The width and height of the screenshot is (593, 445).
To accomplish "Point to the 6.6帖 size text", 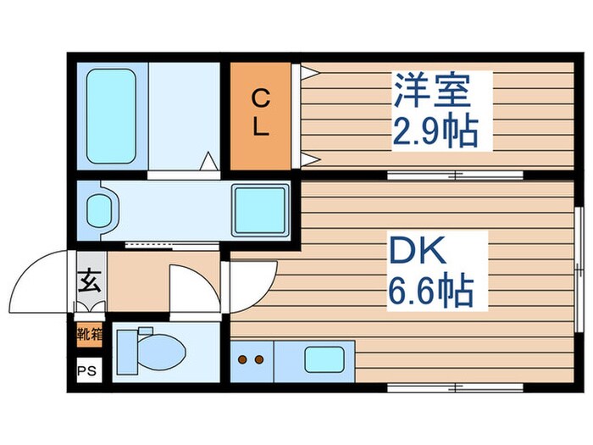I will click(431, 292).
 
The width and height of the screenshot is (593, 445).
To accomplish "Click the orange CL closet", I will click(260, 115).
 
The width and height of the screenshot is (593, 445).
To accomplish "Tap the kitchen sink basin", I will click(323, 359).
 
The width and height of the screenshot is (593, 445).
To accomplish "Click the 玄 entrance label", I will click(87, 278).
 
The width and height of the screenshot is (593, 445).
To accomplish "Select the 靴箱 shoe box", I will click(89, 333).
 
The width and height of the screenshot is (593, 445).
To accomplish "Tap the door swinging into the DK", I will click(252, 282).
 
